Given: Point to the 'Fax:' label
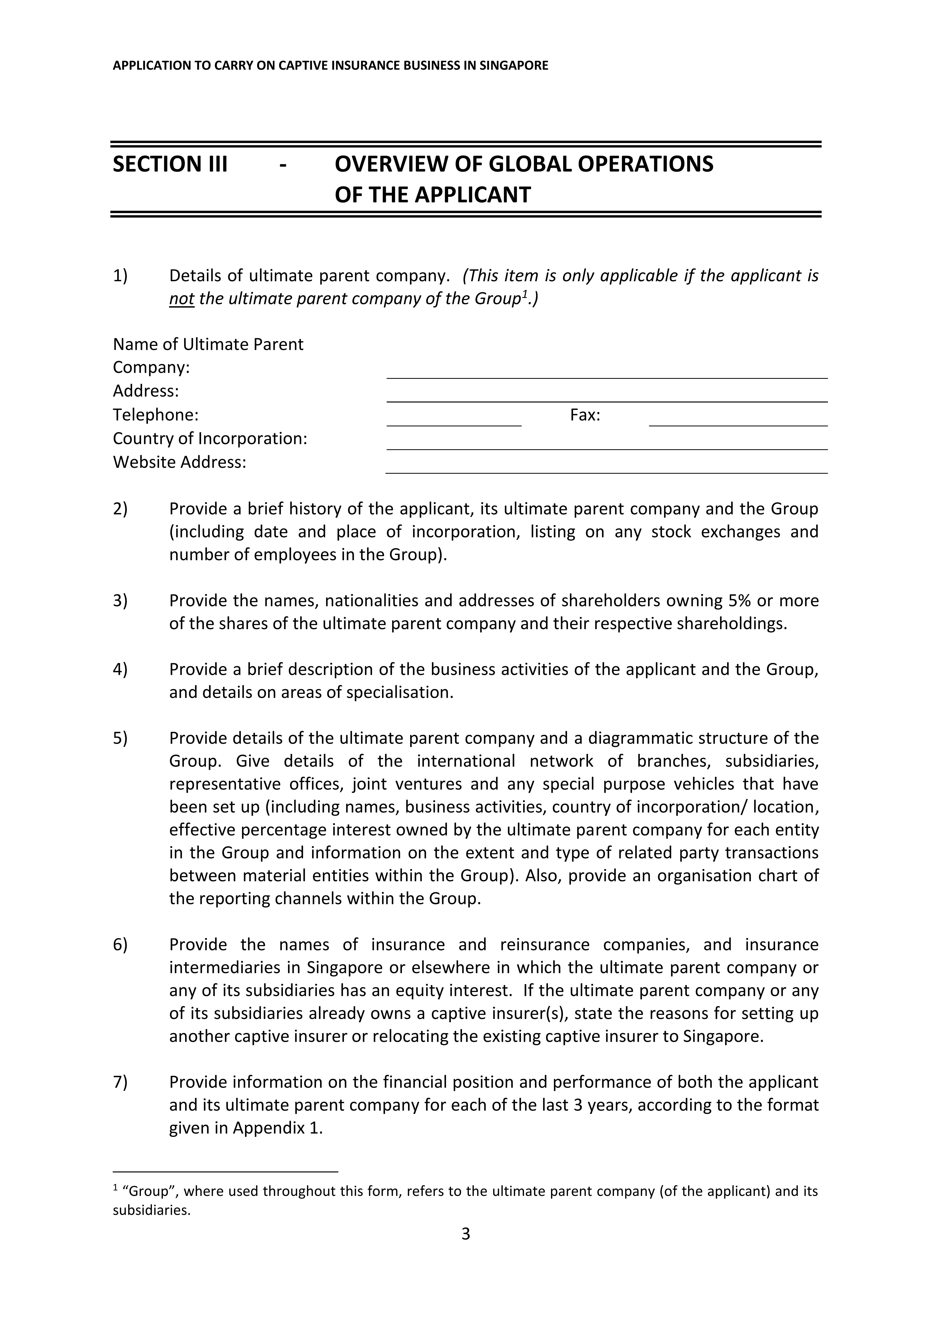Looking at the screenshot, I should pyautogui.click(x=585, y=415).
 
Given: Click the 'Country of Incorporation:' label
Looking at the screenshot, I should pyautogui.click(x=210, y=438).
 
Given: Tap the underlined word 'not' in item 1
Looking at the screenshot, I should pyautogui.click(x=181, y=299).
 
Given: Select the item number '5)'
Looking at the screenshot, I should pyautogui.click(x=120, y=738).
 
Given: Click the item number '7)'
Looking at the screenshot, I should pyautogui.click(x=120, y=1082).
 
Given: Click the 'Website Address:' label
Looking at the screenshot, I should pyautogui.click(x=179, y=462).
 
